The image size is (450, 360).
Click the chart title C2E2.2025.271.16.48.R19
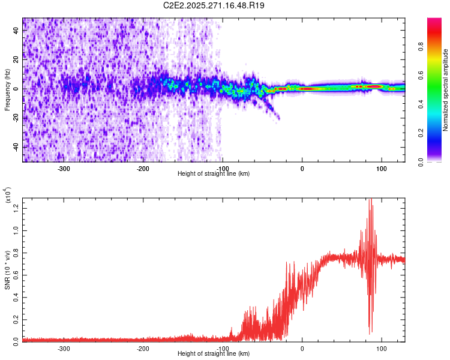tap(214, 5)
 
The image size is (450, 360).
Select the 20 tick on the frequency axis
tap(16, 60)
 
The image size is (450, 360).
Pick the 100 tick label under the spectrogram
tap(381, 168)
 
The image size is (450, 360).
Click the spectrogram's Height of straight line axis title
tap(214, 173)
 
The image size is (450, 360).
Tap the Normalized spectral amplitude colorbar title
tap(446, 90)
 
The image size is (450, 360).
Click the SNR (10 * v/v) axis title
tap(7, 270)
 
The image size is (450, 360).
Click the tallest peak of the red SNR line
tap(370, 199)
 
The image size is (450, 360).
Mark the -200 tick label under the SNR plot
tap(143, 348)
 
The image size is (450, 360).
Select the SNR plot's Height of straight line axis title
tap(214, 353)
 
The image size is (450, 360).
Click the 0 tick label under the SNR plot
tap(302, 348)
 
